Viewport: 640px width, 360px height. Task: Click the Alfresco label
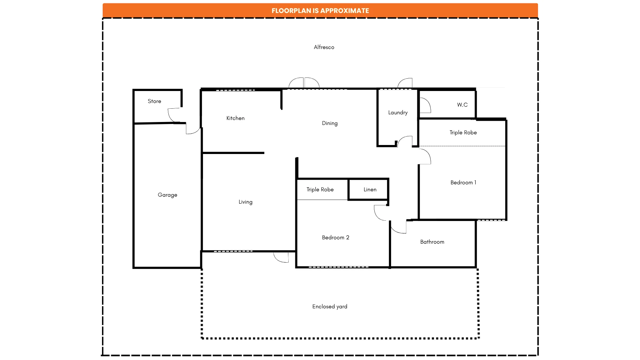coord(324,47)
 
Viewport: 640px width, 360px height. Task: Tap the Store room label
coord(154,101)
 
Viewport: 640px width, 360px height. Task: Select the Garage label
coord(167,195)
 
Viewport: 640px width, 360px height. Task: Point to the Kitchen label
coord(235,118)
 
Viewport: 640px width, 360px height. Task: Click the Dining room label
coord(330,123)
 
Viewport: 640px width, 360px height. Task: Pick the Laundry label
coord(398,113)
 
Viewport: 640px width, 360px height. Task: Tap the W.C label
coord(462,105)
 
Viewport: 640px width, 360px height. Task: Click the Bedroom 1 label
coord(463,183)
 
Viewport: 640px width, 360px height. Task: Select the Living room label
coord(245,202)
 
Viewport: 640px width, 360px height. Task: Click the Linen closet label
coord(370,190)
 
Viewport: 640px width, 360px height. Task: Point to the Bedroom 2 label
coord(335,238)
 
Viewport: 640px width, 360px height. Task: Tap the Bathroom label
coord(432,242)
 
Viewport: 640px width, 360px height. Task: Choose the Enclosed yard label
coord(330,307)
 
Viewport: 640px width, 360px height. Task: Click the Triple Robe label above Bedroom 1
coord(463,133)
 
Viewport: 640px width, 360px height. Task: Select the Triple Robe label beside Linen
coord(320,190)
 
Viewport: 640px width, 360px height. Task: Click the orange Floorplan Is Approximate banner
coord(320,11)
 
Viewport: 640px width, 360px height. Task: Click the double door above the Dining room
coord(304,83)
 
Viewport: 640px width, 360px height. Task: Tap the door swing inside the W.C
coord(425,105)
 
